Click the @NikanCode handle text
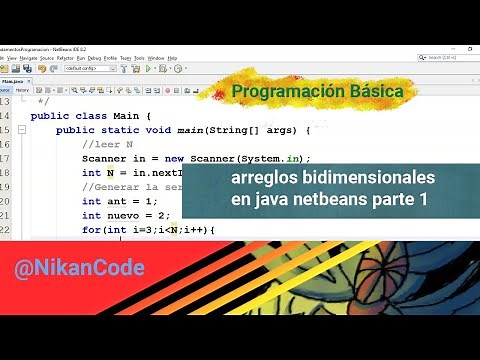click(80, 268)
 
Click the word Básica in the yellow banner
click(374, 91)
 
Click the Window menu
click(156, 58)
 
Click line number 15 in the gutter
click(6, 130)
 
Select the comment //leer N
click(107, 144)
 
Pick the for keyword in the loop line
click(91, 229)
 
